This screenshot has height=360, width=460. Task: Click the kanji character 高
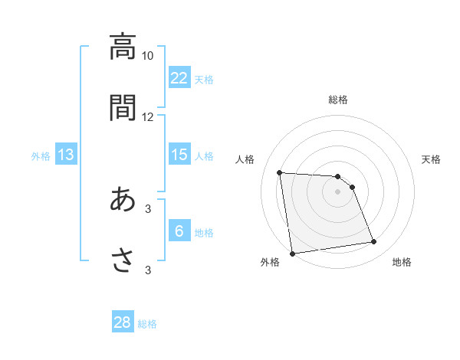pos(122,47)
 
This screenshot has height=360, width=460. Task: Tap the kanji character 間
pos(122,107)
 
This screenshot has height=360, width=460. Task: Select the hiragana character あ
pos(122,199)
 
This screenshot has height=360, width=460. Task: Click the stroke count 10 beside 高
pos(148,56)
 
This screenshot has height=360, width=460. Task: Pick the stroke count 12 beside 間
pos(148,116)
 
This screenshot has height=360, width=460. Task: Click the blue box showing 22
pos(179,78)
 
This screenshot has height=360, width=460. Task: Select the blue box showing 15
pos(179,155)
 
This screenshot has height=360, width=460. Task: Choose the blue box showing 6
pos(179,231)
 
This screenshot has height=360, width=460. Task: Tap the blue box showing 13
pos(66,155)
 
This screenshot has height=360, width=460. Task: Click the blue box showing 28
pos(123,322)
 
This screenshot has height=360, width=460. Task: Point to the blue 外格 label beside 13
pos(41,156)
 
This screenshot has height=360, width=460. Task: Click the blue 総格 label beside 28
pos(147,324)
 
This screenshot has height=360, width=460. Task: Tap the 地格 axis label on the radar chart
pos(402,262)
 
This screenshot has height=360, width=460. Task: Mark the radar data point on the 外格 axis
pos(292,253)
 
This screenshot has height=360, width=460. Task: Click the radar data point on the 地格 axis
pos(374,242)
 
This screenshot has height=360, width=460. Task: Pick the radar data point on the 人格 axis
pos(280,172)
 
